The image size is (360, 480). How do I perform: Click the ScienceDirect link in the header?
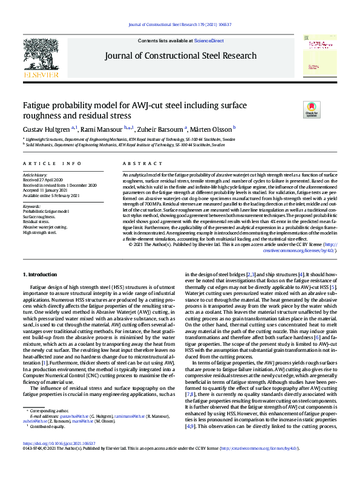pos(209,41)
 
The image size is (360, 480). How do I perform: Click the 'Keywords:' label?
pos(31,206)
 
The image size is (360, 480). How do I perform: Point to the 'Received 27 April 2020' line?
pos(42,180)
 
